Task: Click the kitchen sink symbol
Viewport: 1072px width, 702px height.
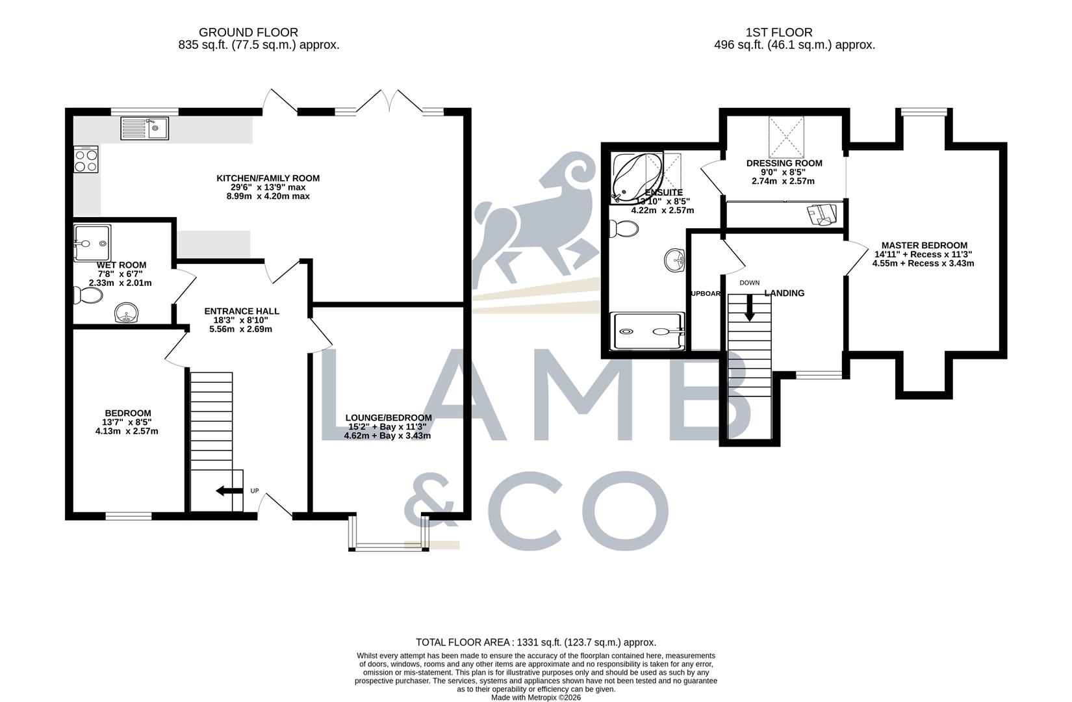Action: (144, 128)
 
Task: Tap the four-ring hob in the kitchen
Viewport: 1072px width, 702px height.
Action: (86, 159)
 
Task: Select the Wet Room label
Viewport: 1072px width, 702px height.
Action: (121, 265)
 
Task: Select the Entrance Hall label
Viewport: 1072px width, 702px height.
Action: (241, 311)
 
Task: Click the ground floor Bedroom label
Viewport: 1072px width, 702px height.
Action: (128, 413)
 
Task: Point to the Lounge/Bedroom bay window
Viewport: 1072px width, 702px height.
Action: (389, 547)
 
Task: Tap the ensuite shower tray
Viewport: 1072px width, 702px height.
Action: (647, 331)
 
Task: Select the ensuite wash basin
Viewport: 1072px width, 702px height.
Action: (676, 260)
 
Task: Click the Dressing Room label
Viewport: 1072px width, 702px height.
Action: (784, 163)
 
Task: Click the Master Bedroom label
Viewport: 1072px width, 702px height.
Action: (924, 246)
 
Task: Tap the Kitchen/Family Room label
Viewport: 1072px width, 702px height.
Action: (268, 178)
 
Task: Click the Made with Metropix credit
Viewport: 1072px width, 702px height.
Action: (535, 697)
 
